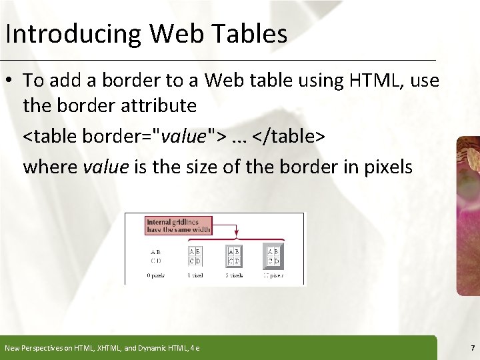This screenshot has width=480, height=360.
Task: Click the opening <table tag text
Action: [51, 136]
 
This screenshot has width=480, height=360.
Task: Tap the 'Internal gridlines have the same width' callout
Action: [178, 225]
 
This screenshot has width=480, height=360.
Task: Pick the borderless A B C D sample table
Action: [155, 256]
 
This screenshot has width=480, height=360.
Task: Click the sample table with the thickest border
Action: [273, 255]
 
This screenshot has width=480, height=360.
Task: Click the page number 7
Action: [472, 347]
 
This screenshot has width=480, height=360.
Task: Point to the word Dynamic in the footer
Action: [149, 347]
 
